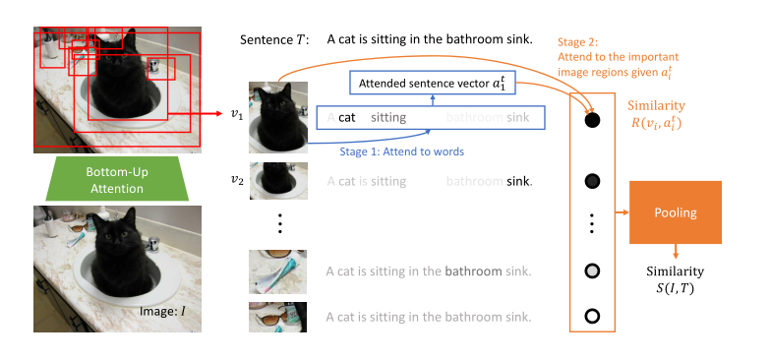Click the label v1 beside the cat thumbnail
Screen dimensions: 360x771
click(236, 115)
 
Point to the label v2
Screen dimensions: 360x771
click(236, 180)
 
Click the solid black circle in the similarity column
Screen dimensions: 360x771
click(592, 121)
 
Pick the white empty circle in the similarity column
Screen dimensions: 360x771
click(592, 317)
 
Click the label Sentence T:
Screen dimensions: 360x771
click(274, 40)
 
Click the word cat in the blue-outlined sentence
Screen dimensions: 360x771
click(348, 117)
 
